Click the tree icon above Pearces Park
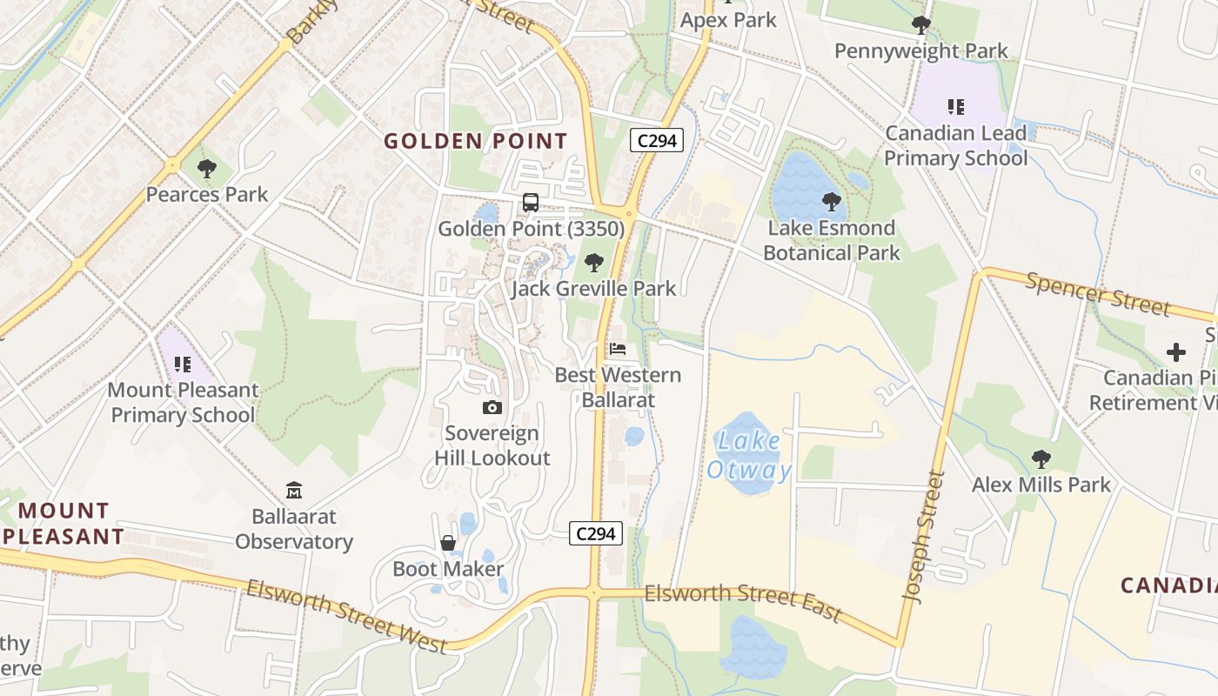click(206, 168)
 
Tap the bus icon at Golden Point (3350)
click(530, 203)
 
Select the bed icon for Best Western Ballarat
click(618, 349)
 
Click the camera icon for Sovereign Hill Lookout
click(492, 407)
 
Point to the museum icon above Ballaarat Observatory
click(294, 491)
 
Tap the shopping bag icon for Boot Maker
click(448, 543)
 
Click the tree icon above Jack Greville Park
click(594, 262)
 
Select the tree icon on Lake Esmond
click(831, 202)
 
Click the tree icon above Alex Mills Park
click(1041, 458)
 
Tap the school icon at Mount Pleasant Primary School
click(182, 364)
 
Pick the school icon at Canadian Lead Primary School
click(956, 107)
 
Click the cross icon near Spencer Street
click(1175, 352)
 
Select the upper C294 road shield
click(657, 140)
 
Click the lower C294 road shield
click(597, 533)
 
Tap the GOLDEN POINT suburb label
click(475, 141)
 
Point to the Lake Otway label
click(749, 456)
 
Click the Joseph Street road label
click(924, 537)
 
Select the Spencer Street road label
click(1097, 293)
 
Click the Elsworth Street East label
click(743, 602)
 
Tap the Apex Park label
click(728, 20)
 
